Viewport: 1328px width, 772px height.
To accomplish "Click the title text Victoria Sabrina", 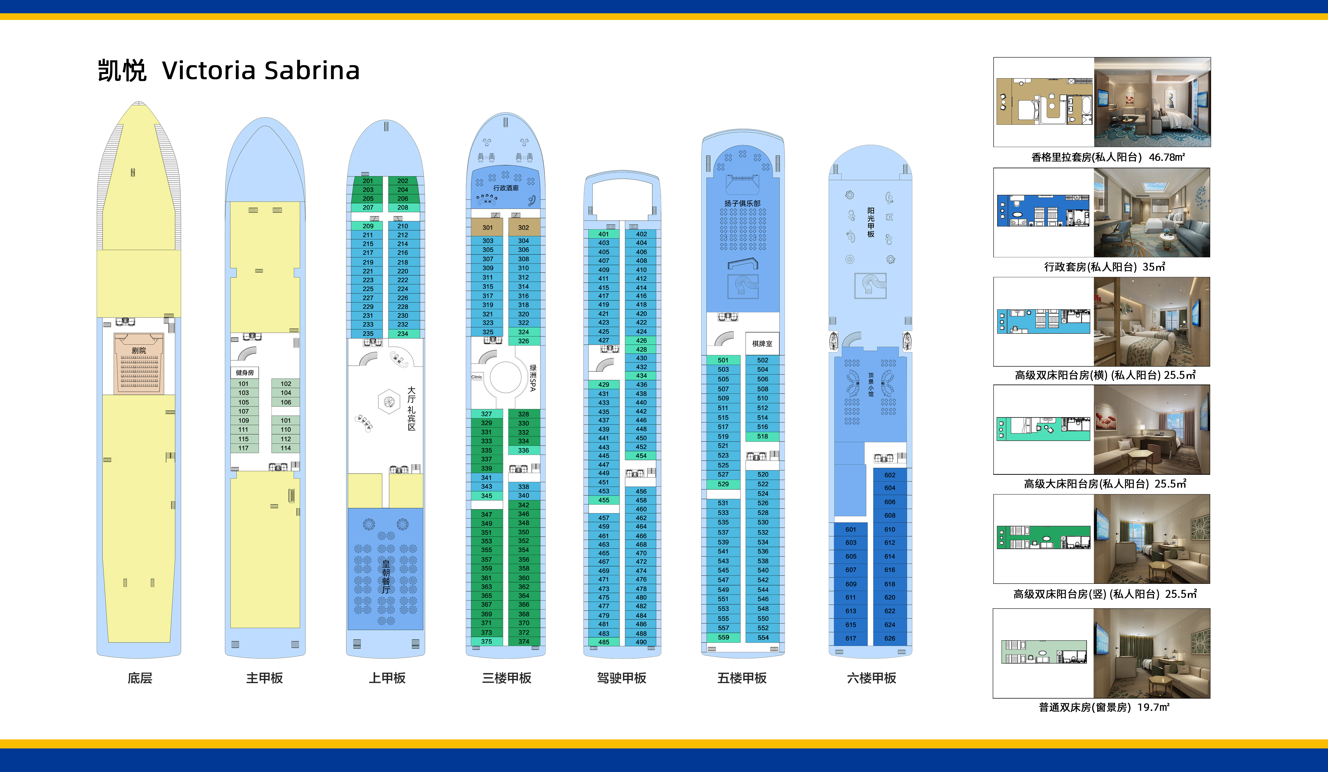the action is tap(261, 71).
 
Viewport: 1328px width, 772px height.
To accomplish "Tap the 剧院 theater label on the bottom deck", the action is tap(139, 350).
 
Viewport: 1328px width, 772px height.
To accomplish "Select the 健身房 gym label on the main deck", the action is tap(244, 373).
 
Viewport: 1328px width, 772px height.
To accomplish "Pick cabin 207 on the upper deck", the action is tap(368, 207).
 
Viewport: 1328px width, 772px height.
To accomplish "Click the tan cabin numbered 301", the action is tap(488, 228).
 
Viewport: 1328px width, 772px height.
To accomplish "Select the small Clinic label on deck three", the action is tap(477, 377).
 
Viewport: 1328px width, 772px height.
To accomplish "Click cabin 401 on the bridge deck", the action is tap(603, 234).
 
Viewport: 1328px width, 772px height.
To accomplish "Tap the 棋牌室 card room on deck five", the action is tap(762, 344).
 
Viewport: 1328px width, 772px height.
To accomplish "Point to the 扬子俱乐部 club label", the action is tap(743, 203).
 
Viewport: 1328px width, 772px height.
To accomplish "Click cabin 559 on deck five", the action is tap(724, 638).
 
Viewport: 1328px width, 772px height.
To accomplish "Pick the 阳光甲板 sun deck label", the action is tap(871, 222).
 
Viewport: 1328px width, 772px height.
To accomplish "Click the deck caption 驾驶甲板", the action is tap(622, 678).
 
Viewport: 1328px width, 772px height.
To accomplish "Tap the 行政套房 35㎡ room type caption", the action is tap(1104, 267).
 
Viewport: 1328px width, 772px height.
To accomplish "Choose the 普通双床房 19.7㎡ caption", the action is tap(1104, 707).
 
